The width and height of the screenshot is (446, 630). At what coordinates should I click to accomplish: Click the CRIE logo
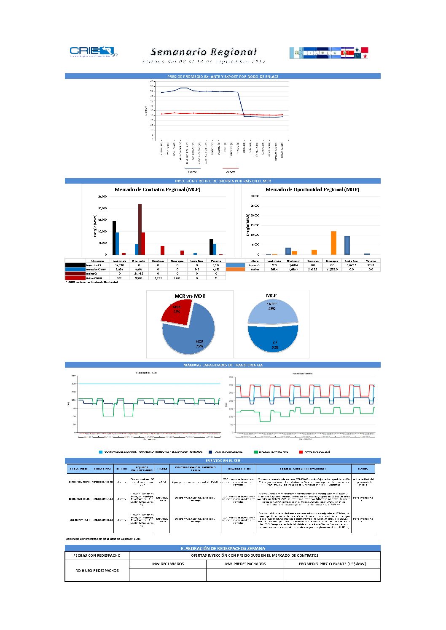pyautogui.click(x=93, y=51)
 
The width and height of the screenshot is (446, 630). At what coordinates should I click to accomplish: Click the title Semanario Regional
pyautogui.click(x=204, y=52)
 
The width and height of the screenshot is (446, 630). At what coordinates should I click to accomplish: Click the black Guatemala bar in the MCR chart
pyautogui.click(x=114, y=238)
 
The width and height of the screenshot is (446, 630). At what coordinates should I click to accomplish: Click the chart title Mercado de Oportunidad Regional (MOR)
pyautogui.click(x=312, y=190)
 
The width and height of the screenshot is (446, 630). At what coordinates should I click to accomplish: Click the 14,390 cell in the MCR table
pyautogui.click(x=120, y=265)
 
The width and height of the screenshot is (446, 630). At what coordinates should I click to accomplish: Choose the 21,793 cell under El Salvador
pyautogui.click(x=139, y=274)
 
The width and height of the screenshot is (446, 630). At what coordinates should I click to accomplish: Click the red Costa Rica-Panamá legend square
pyautogui.click(x=301, y=452)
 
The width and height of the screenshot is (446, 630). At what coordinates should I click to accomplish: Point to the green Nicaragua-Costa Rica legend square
pyautogui.click(x=256, y=452)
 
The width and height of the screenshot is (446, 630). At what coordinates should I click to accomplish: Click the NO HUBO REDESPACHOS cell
pyautogui.click(x=97, y=571)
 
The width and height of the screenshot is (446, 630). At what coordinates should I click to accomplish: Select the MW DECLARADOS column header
pyautogui.click(x=168, y=564)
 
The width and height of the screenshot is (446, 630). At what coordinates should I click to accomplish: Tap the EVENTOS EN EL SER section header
pyautogui.click(x=223, y=461)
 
